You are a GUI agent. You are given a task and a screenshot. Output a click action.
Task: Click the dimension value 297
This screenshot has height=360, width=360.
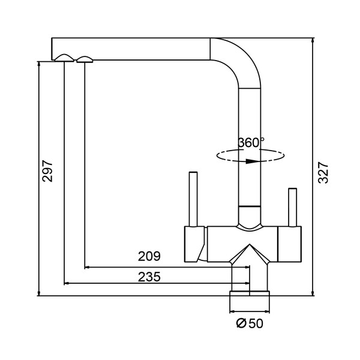pos(49,171)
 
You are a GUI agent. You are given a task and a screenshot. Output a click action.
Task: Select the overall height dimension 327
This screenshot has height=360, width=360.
pos(322,172)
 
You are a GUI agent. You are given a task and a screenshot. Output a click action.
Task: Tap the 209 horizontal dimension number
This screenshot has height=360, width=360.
pos(149,257)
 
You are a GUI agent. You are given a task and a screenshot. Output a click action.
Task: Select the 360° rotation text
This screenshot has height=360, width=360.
pos(251,143)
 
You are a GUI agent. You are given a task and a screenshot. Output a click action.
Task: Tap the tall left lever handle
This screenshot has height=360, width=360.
pos(193,198)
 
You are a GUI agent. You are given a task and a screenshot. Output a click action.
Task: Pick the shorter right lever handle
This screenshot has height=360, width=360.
pos(292,207)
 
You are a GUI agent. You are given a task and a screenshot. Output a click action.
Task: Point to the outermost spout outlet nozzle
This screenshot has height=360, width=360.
pos(64,58)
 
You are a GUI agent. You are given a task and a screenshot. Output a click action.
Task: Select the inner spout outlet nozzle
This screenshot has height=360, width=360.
pos(85,58)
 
